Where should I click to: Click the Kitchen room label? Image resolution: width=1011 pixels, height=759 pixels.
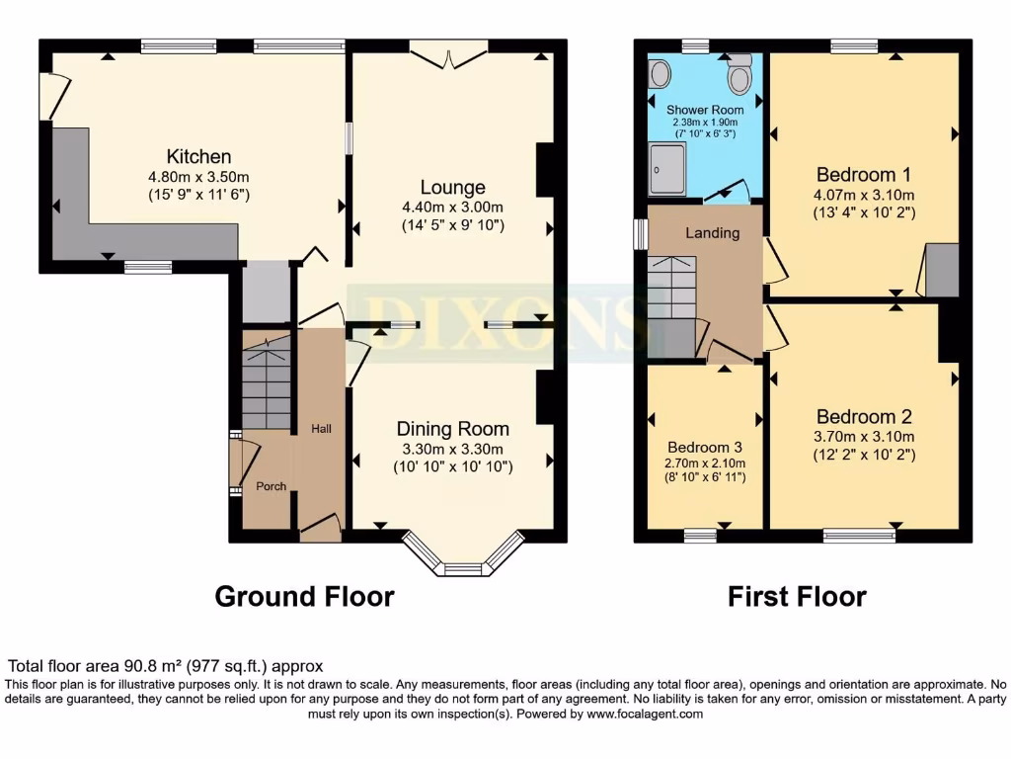[198, 156]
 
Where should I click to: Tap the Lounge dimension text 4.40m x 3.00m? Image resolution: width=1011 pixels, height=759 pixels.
[452, 207]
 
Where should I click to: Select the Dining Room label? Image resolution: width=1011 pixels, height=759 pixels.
[452, 428]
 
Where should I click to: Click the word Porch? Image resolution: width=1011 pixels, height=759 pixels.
[271, 486]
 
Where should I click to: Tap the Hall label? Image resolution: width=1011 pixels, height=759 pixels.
[321, 428]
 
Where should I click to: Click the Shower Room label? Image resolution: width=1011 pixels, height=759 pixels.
[704, 109]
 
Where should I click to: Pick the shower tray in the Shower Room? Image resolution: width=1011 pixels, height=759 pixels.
[668, 170]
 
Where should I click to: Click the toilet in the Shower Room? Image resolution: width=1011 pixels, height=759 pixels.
[739, 73]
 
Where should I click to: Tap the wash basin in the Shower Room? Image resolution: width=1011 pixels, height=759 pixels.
[660, 71]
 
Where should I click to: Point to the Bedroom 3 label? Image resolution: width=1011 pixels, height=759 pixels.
[705, 446]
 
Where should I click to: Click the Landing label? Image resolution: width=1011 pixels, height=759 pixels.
[713, 233]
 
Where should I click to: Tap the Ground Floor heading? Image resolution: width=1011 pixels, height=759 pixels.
[304, 597]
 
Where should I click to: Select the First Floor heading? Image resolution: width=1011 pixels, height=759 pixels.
[797, 597]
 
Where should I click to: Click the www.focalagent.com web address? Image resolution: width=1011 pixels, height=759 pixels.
[645, 714]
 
